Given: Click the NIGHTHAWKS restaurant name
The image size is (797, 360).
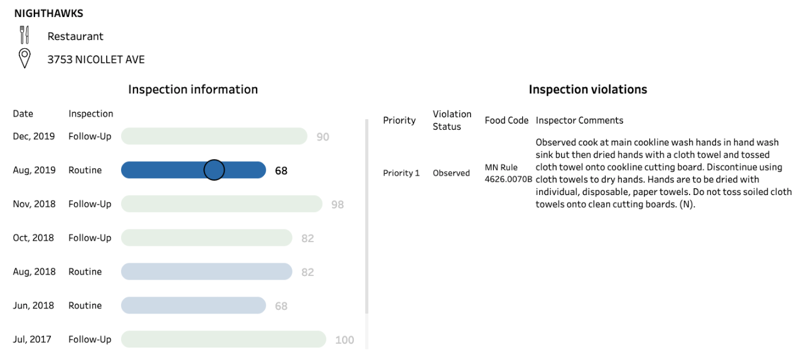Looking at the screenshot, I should [x=48, y=13].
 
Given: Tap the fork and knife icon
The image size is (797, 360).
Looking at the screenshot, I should [x=24, y=35].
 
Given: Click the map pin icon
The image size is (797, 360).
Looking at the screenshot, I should [x=24, y=59].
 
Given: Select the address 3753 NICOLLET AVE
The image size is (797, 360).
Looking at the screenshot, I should [x=96, y=60].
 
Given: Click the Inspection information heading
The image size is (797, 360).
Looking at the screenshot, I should [x=193, y=89].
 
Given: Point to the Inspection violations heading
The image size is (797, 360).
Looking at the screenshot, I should [x=587, y=89].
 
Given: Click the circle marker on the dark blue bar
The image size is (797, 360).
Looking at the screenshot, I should [x=214, y=170].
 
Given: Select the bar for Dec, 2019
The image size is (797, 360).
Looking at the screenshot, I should [x=213, y=136].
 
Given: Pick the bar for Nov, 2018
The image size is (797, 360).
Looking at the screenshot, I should [x=221, y=204].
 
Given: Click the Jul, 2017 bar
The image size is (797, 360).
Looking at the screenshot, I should [x=223, y=339].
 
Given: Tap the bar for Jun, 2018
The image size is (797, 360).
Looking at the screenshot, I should [x=193, y=305].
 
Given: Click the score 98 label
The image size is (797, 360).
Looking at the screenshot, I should [x=338, y=204].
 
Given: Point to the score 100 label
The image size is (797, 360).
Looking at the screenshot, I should [x=345, y=340].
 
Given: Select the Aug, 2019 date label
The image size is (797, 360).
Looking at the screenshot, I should [x=34, y=170].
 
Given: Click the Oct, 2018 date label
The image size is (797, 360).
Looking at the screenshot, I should [x=34, y=238].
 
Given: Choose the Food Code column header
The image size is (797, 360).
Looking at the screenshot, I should [x=506, y=120].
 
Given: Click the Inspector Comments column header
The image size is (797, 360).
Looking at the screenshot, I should [x=579, y=120].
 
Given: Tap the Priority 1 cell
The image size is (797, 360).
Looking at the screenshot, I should [x=401, y=173].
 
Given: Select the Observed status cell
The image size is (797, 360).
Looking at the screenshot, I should [x=451, y=173].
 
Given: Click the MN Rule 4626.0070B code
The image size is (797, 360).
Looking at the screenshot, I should [x=508, y=173].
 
